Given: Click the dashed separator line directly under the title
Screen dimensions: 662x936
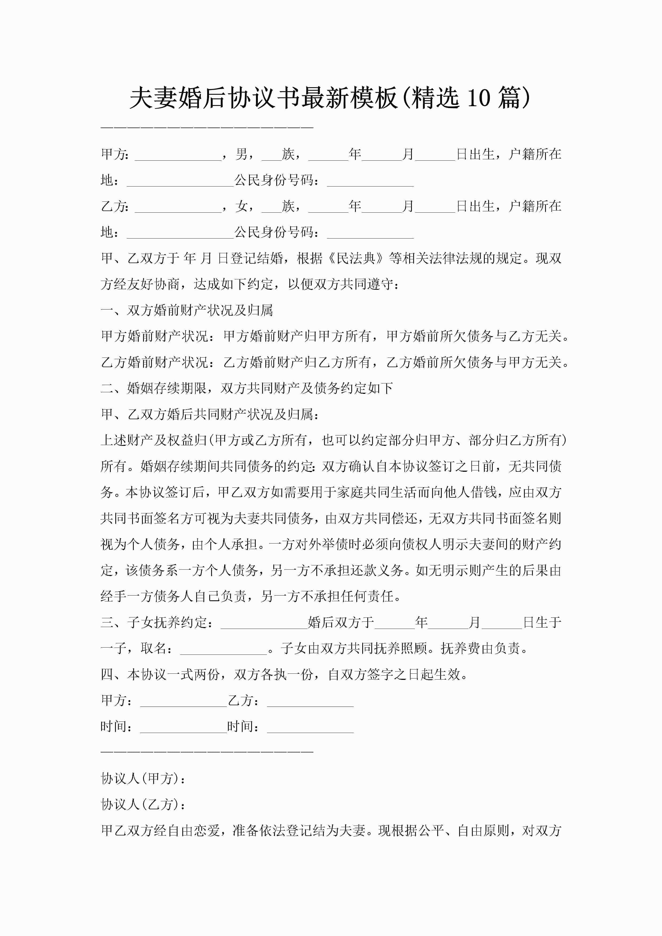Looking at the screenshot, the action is [x=207, y=128].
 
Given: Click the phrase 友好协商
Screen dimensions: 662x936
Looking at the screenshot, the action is [x=153, y=284].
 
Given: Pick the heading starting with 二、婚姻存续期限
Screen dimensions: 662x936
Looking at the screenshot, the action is [x=246, y=388].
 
